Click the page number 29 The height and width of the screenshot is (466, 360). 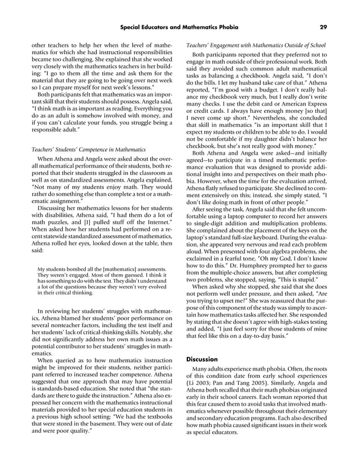tap(323, 27)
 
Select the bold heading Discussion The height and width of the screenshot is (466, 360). tap(201, 359)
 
